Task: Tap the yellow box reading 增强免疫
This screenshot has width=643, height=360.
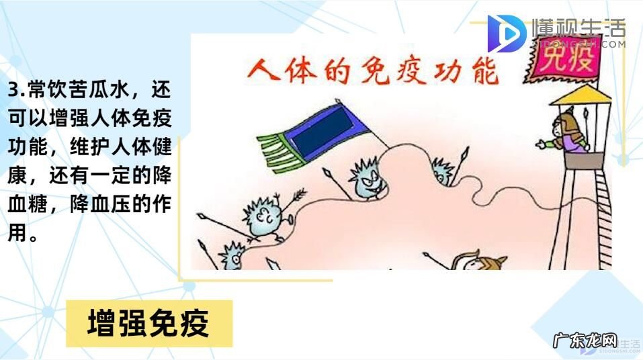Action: (149, 323)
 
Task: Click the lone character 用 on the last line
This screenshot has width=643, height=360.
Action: (17, 234)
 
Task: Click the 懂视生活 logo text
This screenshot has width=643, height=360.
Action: (577, 28)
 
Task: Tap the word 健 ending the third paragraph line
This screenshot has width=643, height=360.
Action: (161, 148)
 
